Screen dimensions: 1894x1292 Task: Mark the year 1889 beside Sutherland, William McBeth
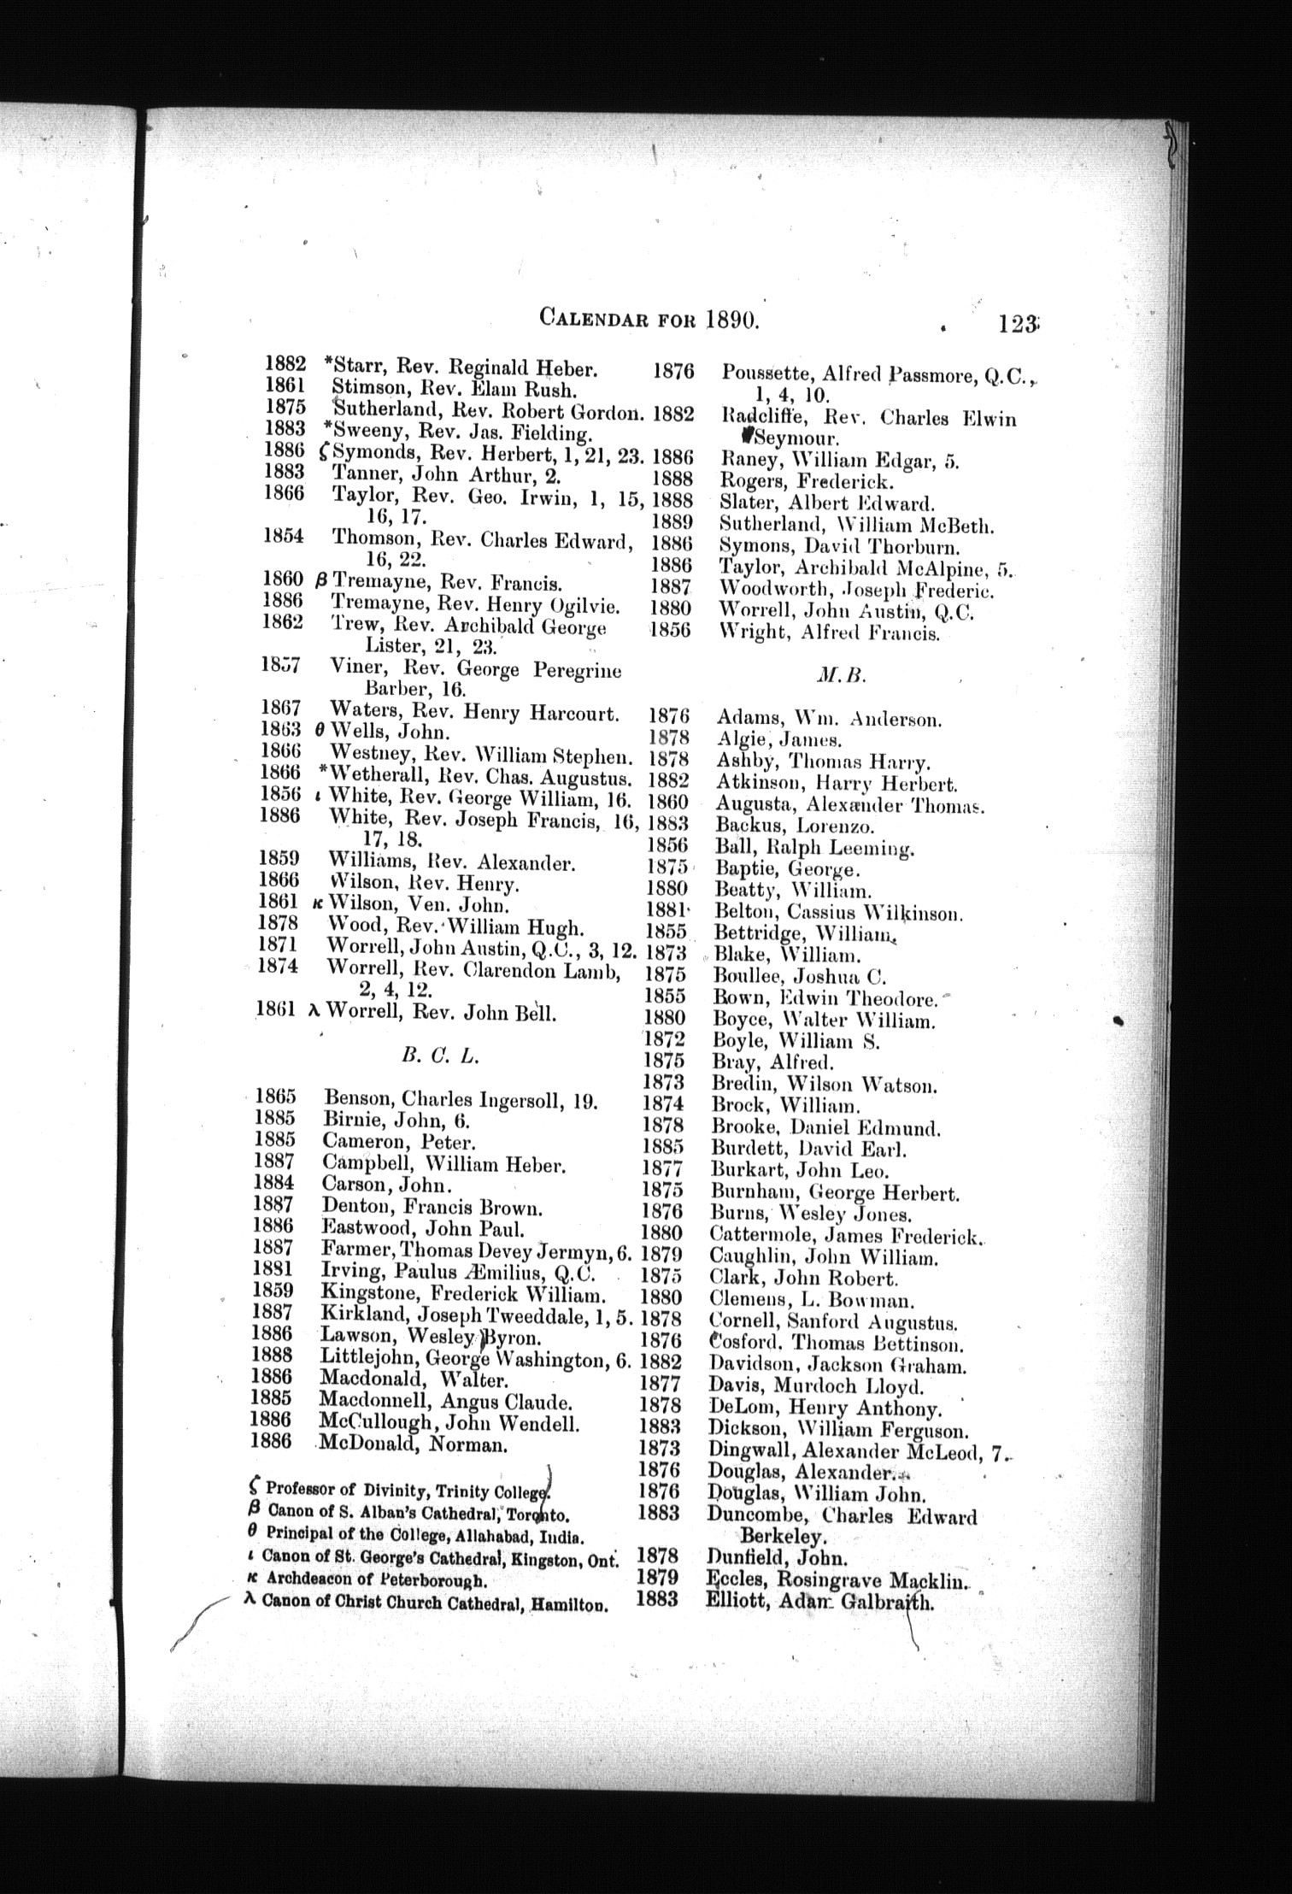point(672,522)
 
